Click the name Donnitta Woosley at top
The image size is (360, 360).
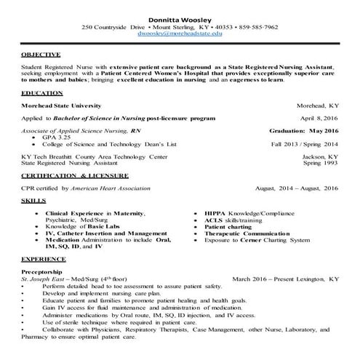pos(179,18)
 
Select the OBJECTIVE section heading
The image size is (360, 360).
pos(41,55)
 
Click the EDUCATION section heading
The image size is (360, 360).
pos(42,94)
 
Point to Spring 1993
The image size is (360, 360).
pos(321,163)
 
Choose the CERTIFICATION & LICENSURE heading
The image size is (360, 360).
pos(75,176)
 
